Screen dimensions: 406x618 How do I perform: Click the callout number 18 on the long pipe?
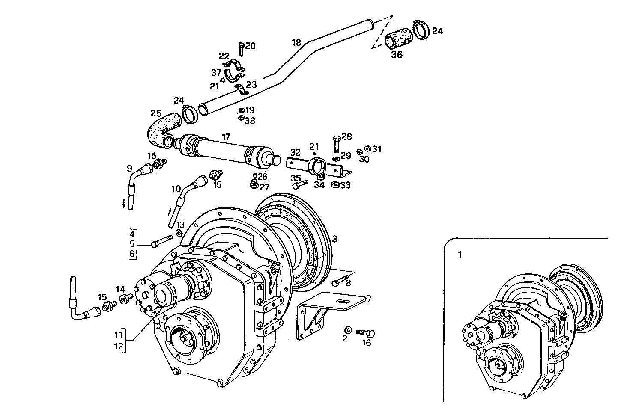[x=296, y=43]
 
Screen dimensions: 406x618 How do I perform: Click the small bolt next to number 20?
[x=241, y=49]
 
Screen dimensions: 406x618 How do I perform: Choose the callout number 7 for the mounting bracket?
[x=369, y=298]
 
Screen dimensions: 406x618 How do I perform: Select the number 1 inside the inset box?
[x=460, y=255]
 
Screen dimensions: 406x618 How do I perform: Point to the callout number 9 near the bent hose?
[x=129, y=169]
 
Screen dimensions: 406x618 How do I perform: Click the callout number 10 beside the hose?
[x=176, y=188]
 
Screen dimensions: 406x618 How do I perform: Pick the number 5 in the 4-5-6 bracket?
[x=132, y=244]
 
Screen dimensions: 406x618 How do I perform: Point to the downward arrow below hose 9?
[x=124, y=204]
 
